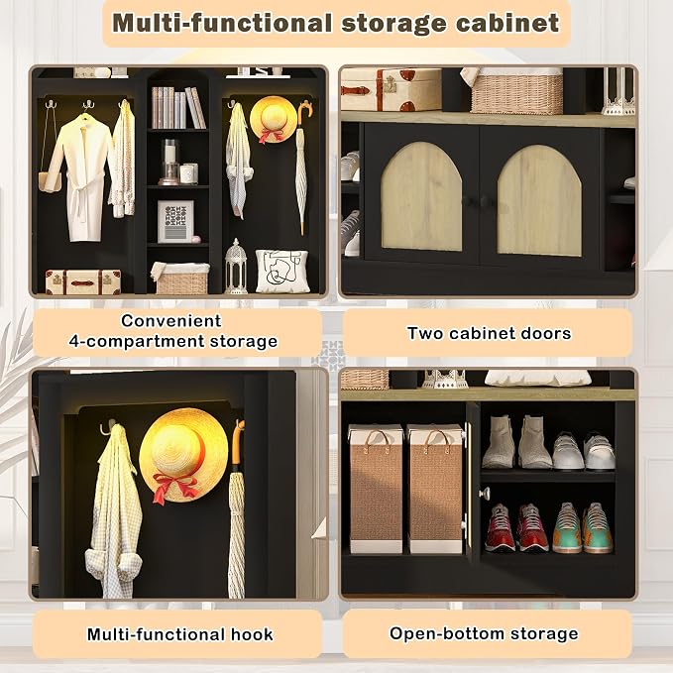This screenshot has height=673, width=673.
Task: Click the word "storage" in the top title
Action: (393, 23)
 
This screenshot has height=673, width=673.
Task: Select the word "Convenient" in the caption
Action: (171, 320)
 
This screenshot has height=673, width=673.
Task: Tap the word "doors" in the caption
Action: (546, 333)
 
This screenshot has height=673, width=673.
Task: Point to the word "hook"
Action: (252, 634)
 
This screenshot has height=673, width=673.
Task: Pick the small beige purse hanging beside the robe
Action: (48, 181)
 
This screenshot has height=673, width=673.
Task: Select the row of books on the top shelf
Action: (177, 107)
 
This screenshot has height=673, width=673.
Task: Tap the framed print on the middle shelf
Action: (175, 221)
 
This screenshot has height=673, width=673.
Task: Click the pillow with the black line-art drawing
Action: (282, 271)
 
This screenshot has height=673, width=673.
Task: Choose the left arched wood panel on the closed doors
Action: (421, 197)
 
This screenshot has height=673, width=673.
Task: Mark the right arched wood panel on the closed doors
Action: (539, 200)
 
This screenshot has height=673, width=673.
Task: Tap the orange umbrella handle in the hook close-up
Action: (237, 441)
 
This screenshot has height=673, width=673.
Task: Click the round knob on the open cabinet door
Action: (485, 494)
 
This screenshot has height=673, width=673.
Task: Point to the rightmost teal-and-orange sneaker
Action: (598, 528)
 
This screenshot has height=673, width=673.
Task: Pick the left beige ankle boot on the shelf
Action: (499, 442)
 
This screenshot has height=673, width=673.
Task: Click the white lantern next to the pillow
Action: (236, 267)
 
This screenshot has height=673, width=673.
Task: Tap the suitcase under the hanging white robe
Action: (83, 282)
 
